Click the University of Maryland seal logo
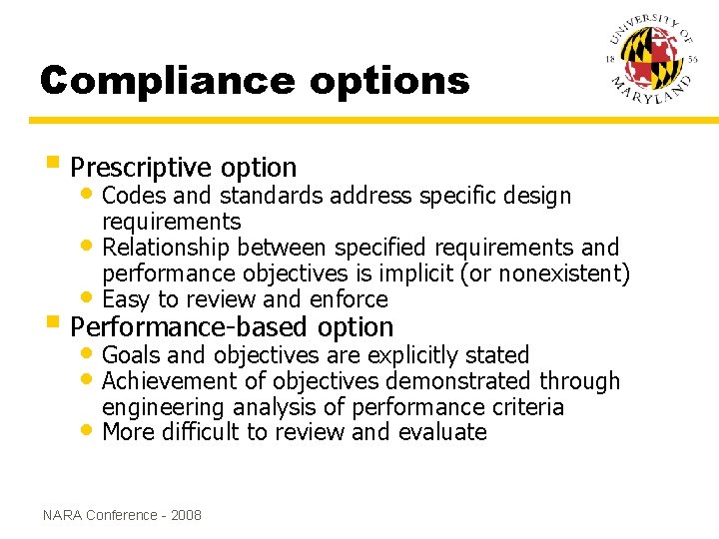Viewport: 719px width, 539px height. tap(651, 62)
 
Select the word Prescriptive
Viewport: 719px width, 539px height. tap(142, 168)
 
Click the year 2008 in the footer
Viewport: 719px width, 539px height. tap(186, 515)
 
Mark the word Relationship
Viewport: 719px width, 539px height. tap(167, 248)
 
